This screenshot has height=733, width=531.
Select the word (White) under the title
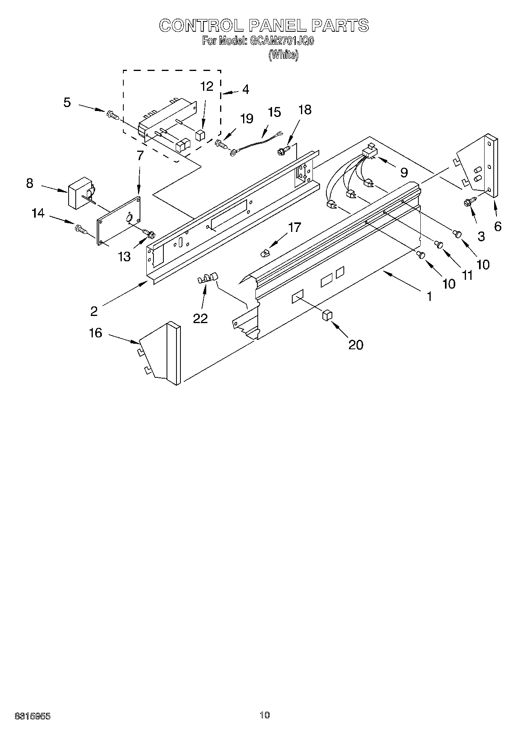click(x=283, y=55)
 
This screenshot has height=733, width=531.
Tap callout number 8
click(x=30, y=184)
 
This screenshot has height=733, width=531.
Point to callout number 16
click(x=96, y=333)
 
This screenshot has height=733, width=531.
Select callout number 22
click(x=200, y=318)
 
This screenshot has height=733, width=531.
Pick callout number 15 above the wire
click(x=274, y=112)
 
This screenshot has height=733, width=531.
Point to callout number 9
click(x=403, y=172)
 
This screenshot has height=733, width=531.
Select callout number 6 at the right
click(x=498, y=226)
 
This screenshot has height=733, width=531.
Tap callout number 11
click(x=467, y=275)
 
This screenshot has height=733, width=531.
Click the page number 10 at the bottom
click(x=265, y=715)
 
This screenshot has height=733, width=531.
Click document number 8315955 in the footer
click(x=33, y=716)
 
